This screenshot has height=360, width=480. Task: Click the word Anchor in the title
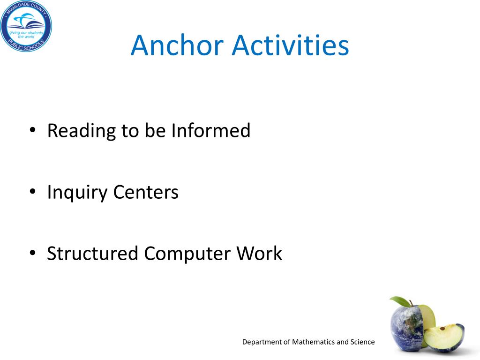[x=177, y=45]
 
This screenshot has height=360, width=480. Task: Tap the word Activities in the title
[x=291, y=45]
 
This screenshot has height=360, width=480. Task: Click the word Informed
[x=210, y=130]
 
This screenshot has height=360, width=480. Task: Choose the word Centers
[x=146, y=192]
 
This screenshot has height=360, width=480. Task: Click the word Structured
[x=92, y=254]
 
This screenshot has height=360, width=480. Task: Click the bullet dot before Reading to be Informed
[x=32, y=130]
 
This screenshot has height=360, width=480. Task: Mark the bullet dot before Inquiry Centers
[x=32, y=192]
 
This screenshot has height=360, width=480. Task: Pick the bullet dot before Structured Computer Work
[x=32, y=253]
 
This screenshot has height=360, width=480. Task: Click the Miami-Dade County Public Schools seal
[x=26, y=26]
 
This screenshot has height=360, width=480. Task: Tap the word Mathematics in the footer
[x=314, y=342]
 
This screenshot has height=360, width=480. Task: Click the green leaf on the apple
[x=399, y=301]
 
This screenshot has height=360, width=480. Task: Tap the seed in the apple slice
[x=442, y=329]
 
